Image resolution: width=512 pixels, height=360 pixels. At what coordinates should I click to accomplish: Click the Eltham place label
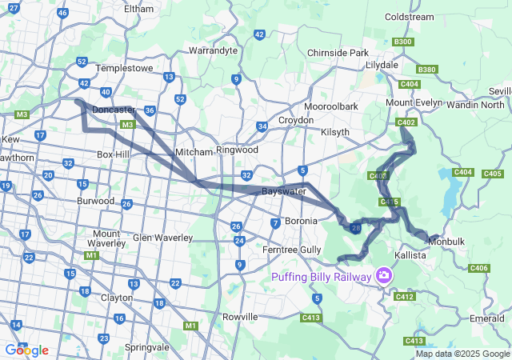tap(138, 8)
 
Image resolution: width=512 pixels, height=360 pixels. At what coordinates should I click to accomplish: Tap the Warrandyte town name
tap(213, 50)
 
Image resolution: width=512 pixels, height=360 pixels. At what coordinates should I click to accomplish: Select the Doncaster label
tap(113, 110)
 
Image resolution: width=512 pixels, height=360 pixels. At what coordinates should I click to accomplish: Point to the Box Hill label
tap(114, 154)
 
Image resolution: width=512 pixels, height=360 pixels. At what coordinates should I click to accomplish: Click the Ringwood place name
tap(237, 150)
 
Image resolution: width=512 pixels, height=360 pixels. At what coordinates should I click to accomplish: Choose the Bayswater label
tap(284, 192)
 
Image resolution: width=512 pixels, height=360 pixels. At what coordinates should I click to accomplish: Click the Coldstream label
tap(409, 16)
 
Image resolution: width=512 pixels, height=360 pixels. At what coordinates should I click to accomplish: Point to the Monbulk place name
tap(446, 241)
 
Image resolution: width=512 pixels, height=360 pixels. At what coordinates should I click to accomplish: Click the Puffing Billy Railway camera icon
tap(386, 276)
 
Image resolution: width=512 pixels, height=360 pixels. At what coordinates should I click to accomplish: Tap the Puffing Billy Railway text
tap(321, 277)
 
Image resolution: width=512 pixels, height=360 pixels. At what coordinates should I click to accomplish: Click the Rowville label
tap(240, 317)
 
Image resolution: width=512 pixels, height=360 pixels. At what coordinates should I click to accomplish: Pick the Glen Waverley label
tap(162, 238)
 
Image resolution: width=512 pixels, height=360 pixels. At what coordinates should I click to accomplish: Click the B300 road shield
tap(403, 42)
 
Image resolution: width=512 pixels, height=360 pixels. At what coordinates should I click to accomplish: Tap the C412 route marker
tap(404, 297)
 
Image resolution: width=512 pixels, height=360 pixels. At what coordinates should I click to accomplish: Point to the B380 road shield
tap(427, 70)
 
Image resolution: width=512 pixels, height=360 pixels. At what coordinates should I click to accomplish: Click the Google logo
tap(26, 350)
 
